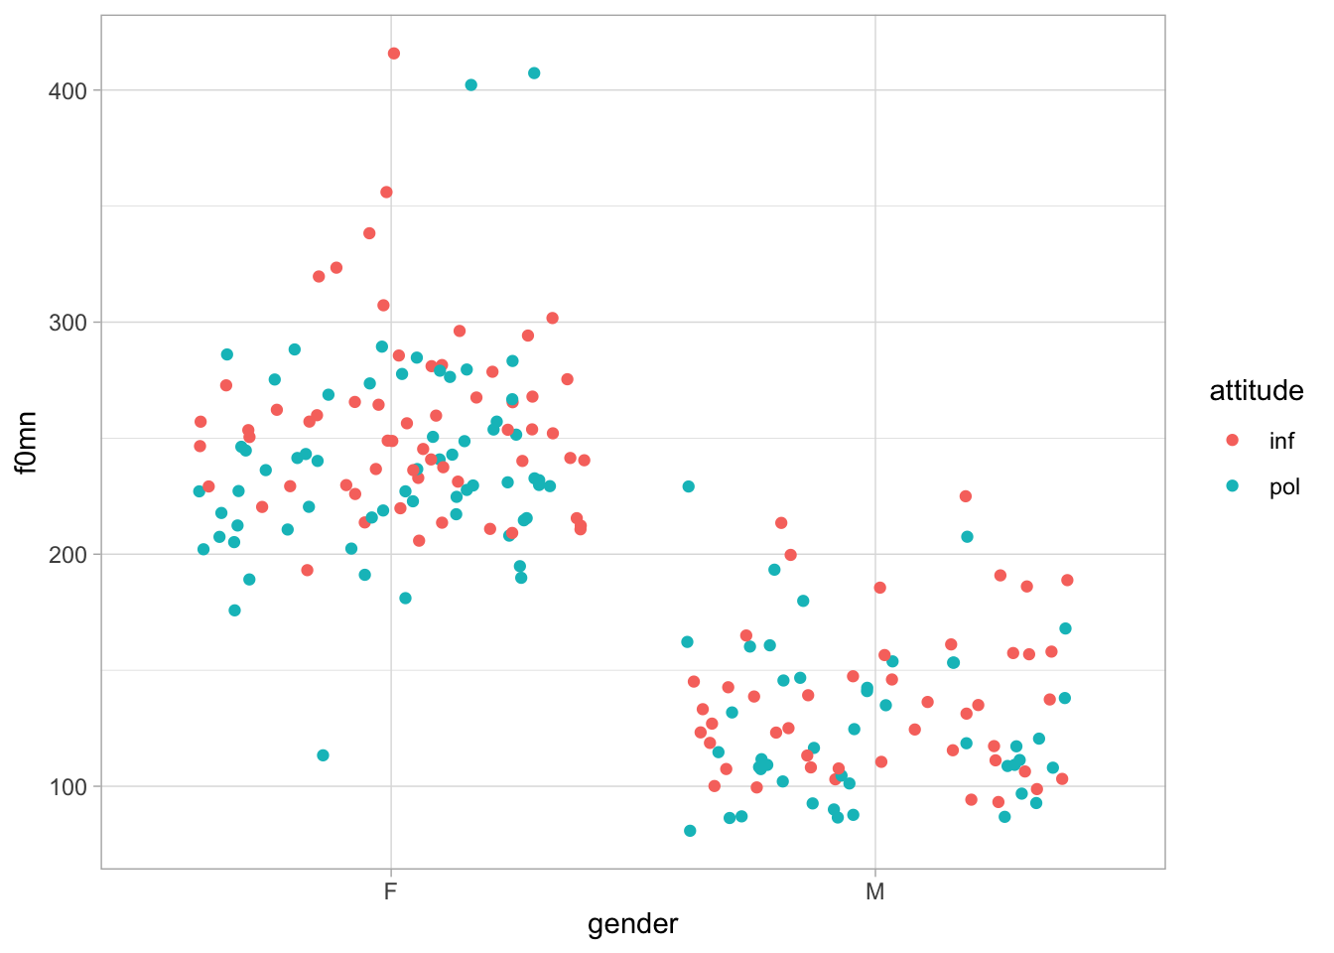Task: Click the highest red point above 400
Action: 394,54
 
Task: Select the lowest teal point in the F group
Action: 323,755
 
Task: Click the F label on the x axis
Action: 391,891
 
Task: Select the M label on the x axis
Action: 874,891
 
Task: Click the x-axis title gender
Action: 632,924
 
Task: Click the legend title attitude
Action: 1256,391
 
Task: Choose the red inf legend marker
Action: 1233,440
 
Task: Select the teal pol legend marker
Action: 1233,486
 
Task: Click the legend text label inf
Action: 1281,441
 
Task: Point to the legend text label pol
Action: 1284,487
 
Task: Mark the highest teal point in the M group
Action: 689,486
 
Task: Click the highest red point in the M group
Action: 965,496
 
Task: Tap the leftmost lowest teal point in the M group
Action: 690,831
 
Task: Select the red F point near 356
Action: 386,193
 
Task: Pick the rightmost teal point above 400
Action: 534,73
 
